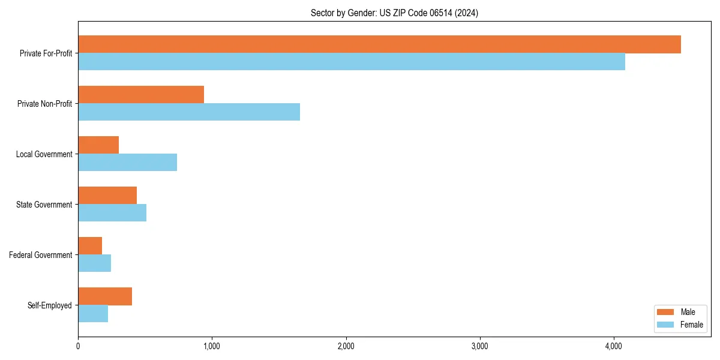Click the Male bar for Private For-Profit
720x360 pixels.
pos(379,44)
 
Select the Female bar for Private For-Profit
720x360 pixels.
pos(352,62)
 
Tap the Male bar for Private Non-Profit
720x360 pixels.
pos(141,95)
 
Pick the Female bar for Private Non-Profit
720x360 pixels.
pos(189,112)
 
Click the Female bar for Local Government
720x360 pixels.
pos(127,163)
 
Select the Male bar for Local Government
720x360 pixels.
pos(98,145)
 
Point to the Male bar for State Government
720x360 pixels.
pos(107,196)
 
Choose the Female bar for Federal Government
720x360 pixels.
pos(94,263)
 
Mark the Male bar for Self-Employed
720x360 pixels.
pos(105,296)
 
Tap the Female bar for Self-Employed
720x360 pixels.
pos(93,314)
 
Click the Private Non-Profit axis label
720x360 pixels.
pos(44,104)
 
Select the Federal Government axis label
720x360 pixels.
pos(40,255)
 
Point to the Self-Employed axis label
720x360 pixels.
pos(49,305)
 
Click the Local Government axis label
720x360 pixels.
pos(44,154)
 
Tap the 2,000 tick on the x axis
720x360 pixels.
pos(346,346)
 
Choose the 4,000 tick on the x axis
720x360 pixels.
pos(613,346)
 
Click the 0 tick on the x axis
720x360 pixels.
pos(78,346)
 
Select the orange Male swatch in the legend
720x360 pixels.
pos(666,312)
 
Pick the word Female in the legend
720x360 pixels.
pos(692,325)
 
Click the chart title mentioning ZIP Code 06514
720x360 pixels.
pos(394,13)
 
